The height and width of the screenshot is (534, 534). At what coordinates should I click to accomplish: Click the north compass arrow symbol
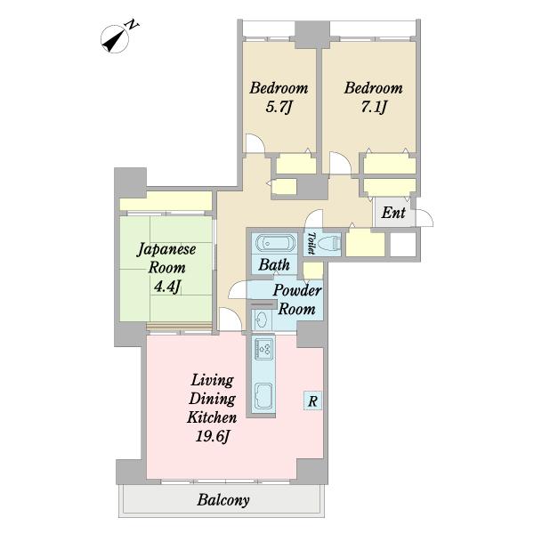tap(115, 39)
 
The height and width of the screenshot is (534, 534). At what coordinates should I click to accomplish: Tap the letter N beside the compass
tap(132, 25)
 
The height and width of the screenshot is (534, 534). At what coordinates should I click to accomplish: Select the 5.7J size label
tap(279, 108)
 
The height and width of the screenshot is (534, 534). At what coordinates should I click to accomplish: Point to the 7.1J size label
tap(373, 108)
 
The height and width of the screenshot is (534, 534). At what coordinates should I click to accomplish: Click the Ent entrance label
tap(393, 213)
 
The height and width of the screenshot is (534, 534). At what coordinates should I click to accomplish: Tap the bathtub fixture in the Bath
tap(274, 243)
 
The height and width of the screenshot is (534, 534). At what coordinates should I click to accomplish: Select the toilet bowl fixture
tap(331, 243)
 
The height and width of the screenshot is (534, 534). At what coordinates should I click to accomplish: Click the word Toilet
tap(311, 243)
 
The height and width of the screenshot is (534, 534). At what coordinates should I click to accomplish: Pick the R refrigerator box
tap(312, 400)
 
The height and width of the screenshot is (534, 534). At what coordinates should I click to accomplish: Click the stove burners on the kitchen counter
tap(264, 348)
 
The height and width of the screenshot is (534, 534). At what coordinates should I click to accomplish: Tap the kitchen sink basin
tap(264, 395)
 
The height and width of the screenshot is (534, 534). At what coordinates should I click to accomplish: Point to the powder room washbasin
tap(262, 320)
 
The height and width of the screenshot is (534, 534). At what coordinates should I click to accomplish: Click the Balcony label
tap(223, 500)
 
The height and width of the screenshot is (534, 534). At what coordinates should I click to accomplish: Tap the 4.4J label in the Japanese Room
tap(166, 287)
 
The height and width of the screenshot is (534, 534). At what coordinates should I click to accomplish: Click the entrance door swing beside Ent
tap(425, 218)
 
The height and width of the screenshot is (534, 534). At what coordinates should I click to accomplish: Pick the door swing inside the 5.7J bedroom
tap(255, 143)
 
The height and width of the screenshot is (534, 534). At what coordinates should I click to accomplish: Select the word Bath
tap(274, 264)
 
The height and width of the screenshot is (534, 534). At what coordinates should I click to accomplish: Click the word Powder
tap(297, 290)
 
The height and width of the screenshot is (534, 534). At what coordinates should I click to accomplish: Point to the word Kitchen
tap(212, 417)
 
